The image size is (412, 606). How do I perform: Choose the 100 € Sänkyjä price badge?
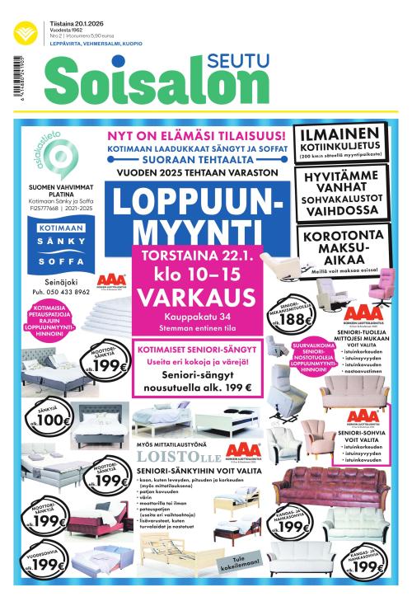coord(49,420)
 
